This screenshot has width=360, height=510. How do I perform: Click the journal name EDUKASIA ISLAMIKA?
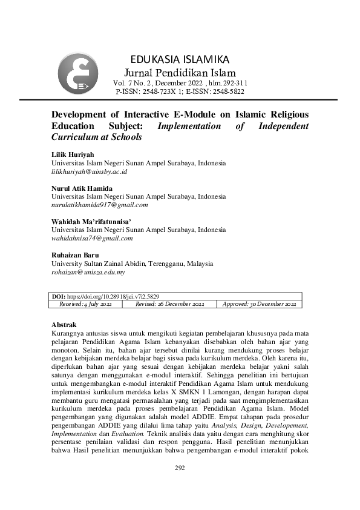tap(180, 59)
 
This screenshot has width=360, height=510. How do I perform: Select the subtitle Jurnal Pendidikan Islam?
tap(180, 73)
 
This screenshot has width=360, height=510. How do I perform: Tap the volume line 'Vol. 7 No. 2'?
tap(180, 83)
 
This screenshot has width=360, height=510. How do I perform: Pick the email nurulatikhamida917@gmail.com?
tap(100, 205)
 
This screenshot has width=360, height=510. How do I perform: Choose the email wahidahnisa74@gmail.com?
tap(92, 239)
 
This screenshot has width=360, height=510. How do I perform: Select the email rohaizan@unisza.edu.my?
tap(88, 273)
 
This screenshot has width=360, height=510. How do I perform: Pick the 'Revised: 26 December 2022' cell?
tap(169, 304)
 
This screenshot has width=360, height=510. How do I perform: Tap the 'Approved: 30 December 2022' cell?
tap(260, 304)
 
